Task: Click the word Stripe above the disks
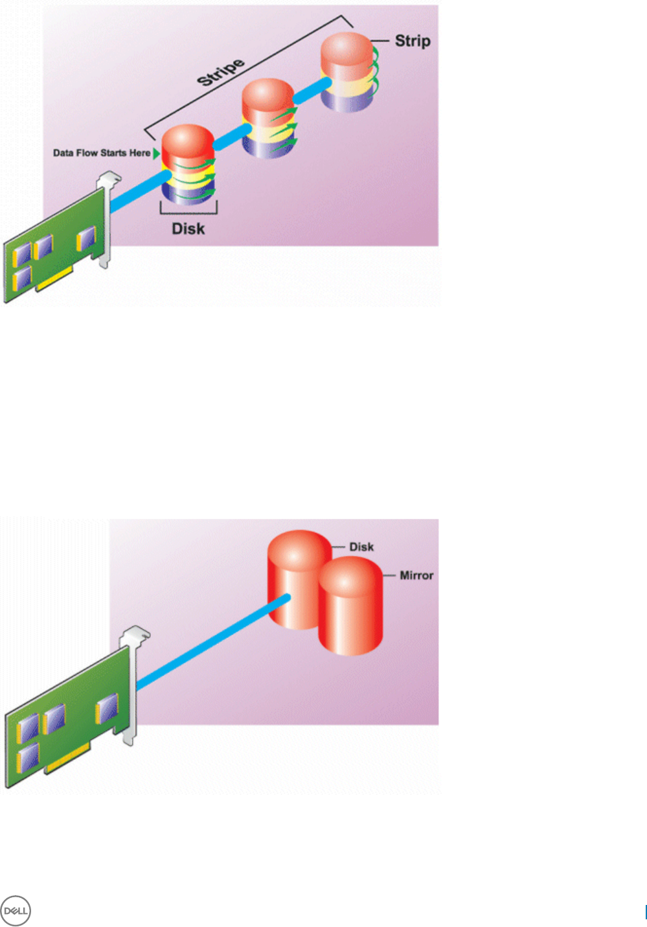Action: pos(221,71)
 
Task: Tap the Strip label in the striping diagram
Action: pos(413,41)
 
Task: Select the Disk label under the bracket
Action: pos(188,229)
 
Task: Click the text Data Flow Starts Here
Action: pos(102,153)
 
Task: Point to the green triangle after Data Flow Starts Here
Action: pos(156,153)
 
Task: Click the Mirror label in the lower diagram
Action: pos(416,575)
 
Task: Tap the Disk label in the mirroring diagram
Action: pos(361,547)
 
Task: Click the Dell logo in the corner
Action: pos(16,911)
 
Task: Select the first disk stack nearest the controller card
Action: pos(187,165)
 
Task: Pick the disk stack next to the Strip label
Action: pos(348,71)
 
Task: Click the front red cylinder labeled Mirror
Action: pos(350,609)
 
